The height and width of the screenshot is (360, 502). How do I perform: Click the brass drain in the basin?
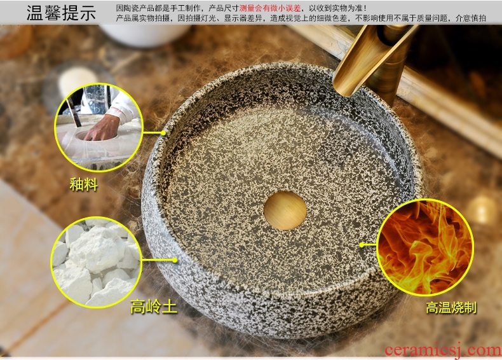tap(285, 211)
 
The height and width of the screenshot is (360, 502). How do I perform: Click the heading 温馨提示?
tap(61, 13)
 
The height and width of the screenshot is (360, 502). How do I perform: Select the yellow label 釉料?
tap(83, 184)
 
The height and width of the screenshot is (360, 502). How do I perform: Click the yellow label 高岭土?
tap(154, 307)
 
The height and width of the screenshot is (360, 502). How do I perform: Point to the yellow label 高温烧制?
tap(451, 308)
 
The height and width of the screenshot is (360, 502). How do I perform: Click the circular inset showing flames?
tap(425, 247)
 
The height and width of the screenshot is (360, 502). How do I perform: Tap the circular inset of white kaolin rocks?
tap(96, 262)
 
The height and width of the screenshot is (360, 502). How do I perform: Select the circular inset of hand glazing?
tap(99, 127)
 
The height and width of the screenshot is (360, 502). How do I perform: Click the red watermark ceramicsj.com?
tap(443, 350)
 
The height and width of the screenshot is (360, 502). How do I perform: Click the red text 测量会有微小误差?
tap(270, 8)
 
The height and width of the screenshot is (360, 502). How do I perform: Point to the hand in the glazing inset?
tap(103, 128)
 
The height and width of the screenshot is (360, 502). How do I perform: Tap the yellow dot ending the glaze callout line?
tap(163, 133)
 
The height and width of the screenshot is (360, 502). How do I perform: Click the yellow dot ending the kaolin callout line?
tap(175, 260)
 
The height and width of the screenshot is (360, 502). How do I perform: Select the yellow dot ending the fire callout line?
tap(362, 245)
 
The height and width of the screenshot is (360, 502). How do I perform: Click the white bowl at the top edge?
tap(145, 34)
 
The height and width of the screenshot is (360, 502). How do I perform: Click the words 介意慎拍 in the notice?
tap(471, 18)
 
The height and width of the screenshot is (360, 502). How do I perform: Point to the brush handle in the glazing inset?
tap(73, 111)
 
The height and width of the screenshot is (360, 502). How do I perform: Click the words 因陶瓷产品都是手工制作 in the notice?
tap(158, 8)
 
